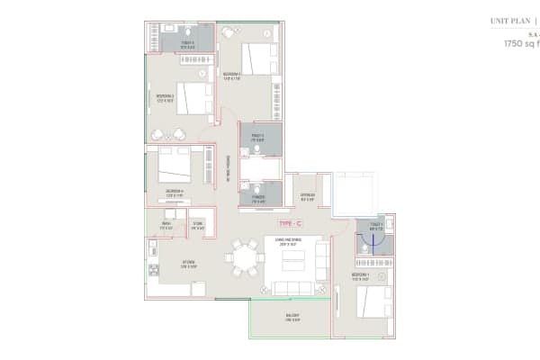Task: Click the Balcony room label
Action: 292,317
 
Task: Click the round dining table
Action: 245,256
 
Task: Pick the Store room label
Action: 197,225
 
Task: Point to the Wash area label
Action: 166,225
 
